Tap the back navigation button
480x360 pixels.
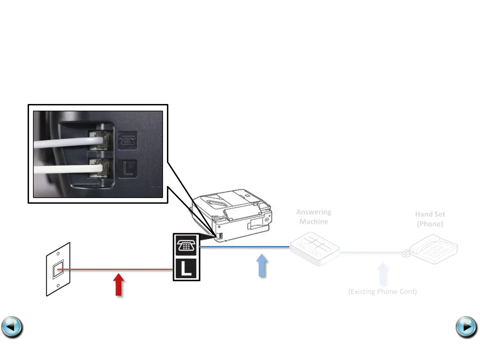click(12, 327)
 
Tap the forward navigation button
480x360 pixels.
click(466, 327)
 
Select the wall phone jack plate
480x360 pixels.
click(58, 269)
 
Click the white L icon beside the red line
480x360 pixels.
click(186, 269)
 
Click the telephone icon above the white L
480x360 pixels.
click(186, 246)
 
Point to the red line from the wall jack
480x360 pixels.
click(117, 269)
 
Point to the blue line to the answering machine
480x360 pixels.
click(243, 247)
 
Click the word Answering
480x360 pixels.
click(314, 212)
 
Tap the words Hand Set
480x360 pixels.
click(430, 214)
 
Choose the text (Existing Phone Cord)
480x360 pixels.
click(382, 292)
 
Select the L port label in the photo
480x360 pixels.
click(128, 169)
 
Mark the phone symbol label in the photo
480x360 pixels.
click(128, 140)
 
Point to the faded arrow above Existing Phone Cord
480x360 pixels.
click(383, 274)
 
